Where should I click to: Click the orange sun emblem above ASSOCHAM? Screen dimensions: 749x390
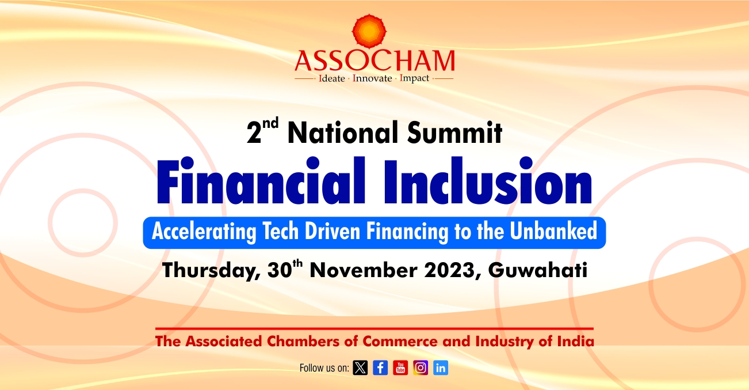369,31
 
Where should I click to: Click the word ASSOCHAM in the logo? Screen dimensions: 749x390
375,60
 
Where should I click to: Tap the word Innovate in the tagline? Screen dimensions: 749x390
372,78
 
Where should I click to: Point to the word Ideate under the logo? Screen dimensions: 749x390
332,78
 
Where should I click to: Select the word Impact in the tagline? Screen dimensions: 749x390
414,78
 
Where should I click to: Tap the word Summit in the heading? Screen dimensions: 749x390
454,132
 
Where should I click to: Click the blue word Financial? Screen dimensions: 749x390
261,181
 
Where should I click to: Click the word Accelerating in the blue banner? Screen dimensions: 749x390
204,232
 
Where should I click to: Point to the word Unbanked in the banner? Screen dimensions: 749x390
553,230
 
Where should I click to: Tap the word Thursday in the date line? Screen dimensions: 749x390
212,271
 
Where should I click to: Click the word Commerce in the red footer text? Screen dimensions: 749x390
400,342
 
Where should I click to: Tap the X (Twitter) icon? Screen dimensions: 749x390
360,368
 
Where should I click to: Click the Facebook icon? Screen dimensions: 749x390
380,368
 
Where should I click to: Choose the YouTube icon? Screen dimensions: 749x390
400,368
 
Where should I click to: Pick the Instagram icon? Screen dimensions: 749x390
421,368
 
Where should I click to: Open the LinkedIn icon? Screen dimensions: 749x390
441,368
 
